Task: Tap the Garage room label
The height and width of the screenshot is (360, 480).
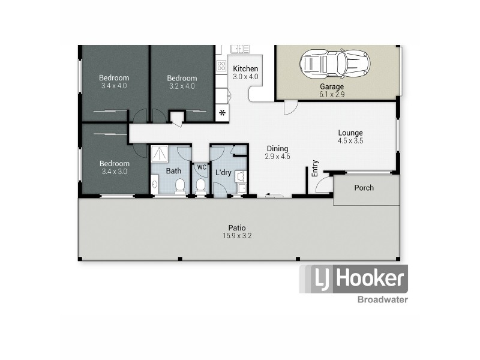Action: click(331, 86)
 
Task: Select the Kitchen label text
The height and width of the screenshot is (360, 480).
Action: click(245, 68)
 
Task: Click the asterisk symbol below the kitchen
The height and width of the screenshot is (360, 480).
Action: click(222, 113)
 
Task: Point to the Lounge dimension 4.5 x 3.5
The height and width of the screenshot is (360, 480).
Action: click(350, 141)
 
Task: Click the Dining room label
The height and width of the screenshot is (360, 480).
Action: click(277, 149)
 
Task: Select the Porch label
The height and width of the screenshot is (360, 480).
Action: click(364, 188)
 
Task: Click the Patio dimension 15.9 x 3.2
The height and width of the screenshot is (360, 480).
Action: click(237, 236)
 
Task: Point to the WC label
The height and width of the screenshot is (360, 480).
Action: click(202, 167)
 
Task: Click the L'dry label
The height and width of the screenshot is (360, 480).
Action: click(223, 173)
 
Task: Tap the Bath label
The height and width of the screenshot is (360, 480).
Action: click(173, 171)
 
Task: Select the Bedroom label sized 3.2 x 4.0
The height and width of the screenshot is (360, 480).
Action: click(182, 78)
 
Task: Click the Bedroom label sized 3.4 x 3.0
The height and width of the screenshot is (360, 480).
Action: click(114, 164)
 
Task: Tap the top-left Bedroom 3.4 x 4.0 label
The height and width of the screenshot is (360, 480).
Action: click(114, 78)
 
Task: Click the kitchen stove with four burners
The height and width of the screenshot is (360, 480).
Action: click(221, 66)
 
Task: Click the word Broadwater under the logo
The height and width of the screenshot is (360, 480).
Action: click(382, 299)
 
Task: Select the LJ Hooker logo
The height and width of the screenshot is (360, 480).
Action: click(353, 279)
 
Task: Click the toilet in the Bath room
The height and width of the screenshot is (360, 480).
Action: click(179, 188)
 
